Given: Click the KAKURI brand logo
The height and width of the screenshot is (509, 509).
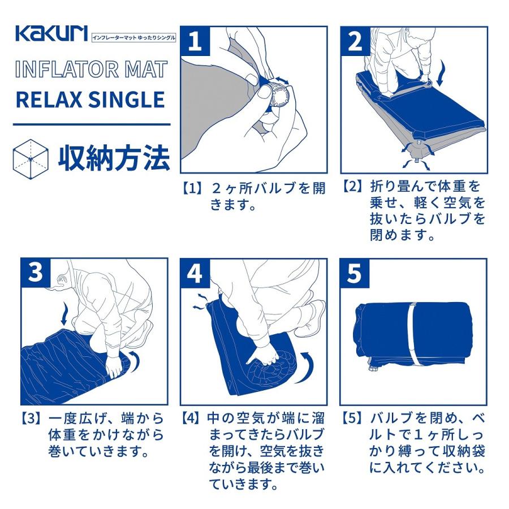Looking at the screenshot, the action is point(51,33).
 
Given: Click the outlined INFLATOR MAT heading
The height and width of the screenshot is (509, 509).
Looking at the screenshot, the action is point(91,69).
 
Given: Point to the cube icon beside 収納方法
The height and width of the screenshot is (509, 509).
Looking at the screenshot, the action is point(31,159).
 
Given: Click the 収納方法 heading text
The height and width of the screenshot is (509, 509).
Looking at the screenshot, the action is point(114,159).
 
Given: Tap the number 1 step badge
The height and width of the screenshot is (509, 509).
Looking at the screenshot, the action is point(196,41).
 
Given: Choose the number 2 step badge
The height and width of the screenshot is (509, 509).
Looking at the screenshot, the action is point(356,41).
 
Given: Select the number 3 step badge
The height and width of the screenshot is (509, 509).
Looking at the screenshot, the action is point(36,273).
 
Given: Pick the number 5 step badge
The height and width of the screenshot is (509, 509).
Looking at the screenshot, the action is point(355,273).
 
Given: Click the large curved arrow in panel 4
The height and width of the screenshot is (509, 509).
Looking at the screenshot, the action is point(307,368).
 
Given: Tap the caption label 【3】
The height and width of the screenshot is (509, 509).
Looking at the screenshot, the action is point(31,419).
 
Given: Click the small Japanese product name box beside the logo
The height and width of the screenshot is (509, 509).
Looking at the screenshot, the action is point(133,38).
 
